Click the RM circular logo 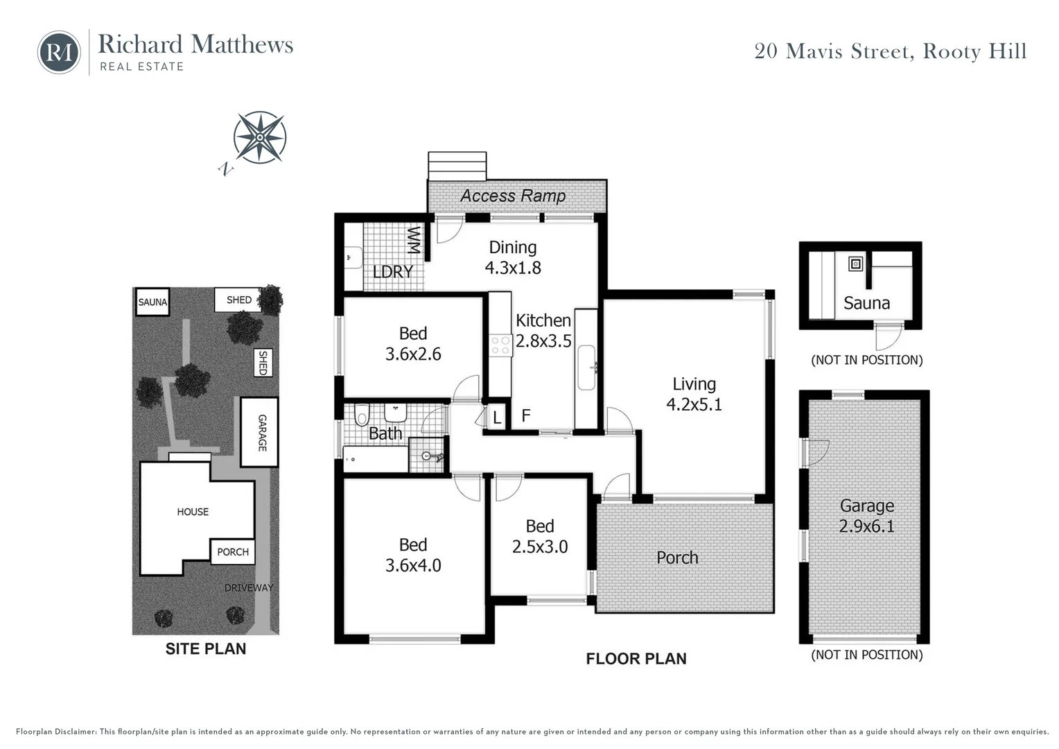tap(59, 52)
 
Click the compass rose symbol tap(259, 137)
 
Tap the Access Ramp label tap(513, 196)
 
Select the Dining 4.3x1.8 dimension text tap(513, 268)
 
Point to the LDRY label tap(393, 272)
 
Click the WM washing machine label tap(414, 240)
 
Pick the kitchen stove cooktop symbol tap(500, 345)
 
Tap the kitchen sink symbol tap(586, 368)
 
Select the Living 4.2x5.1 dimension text tap(694, 404)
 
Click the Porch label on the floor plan tap(677, 558)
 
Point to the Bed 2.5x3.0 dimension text tap(540, 546)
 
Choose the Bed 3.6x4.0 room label tap(413, 556)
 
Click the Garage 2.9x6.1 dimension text tap(866, 526)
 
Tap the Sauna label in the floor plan tap(866, 303)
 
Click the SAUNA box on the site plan tap(152, 302)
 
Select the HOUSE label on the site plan tap(193, 512)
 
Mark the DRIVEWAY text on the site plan tap(249, 587)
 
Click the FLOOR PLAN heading tap(636, 659)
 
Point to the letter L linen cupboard tap(497, 417)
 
